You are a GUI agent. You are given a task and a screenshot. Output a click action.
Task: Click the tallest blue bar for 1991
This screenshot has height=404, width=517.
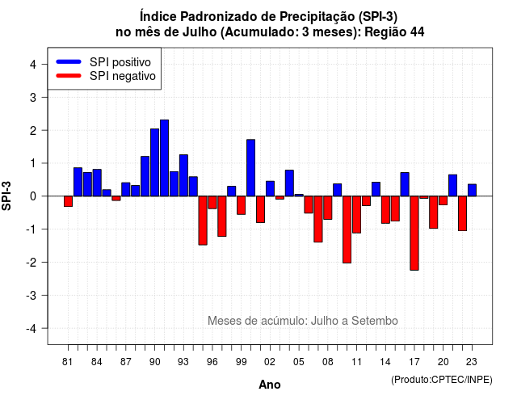pos(164,158)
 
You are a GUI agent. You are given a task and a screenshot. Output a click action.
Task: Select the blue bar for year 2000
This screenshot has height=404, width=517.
pos(251,168)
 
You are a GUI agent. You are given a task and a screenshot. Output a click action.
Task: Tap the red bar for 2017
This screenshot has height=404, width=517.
pos(414,234)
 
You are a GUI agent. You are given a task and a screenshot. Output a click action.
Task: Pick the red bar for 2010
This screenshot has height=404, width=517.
pos(347,229)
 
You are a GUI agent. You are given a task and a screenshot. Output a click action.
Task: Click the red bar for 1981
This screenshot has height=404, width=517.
pos(68,201)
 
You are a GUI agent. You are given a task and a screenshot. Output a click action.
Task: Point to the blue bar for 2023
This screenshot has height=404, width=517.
pos(472,191)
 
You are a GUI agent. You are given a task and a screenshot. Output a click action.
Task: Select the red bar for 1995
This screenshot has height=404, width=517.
pos(203,221)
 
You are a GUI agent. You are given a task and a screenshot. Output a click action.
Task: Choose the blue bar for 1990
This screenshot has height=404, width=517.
pos(154,162)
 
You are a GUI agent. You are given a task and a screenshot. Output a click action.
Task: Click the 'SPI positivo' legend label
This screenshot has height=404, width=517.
pos(120,62)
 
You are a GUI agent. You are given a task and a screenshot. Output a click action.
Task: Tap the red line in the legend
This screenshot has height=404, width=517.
pos(69,76)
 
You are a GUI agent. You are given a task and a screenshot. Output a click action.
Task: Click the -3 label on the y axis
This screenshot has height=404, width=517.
pos(32,295)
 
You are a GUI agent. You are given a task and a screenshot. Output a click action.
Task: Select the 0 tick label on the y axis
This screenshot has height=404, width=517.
pos(33,196)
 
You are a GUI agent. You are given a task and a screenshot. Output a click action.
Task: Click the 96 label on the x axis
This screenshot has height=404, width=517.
pos(212,362)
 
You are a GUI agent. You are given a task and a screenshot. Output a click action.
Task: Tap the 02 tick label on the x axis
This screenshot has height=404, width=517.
pos(270,362)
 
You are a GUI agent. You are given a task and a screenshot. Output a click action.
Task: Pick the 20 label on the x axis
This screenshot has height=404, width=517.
pos(443,362)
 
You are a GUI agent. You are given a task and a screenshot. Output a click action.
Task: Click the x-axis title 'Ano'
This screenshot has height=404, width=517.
pos(270,385)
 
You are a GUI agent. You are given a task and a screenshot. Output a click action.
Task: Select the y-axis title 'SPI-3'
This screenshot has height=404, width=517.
pos(6,196)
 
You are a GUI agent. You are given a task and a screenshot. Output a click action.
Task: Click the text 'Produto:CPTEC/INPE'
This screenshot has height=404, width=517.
pos(442,380)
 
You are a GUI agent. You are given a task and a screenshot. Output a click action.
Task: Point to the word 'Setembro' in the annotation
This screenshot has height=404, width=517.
pos(375,321)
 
